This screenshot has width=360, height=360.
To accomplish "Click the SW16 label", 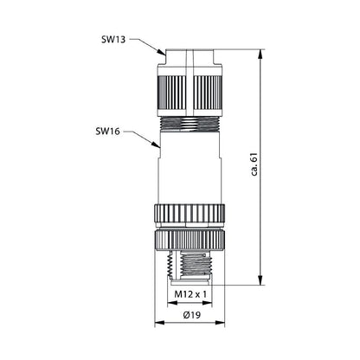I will tap(109, 132).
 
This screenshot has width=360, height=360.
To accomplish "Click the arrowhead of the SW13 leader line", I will tap(162, 55).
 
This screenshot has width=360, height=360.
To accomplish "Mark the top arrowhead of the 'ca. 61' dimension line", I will tap(260, 52).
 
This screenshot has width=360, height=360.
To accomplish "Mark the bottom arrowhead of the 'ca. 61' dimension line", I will tap(260, 281).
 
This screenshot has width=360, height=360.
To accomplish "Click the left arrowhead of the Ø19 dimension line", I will tap(157, 325).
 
